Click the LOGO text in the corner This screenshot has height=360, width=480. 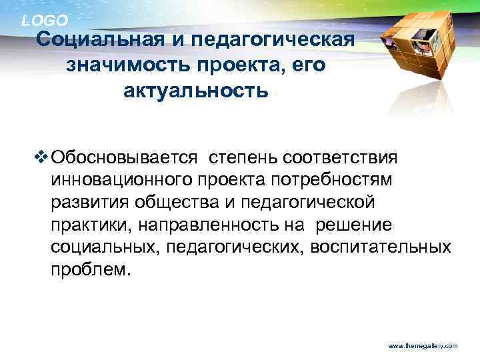tap(45, 21)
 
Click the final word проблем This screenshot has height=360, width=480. tap(87, 271)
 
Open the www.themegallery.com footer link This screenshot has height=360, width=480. tap(422, 347)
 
